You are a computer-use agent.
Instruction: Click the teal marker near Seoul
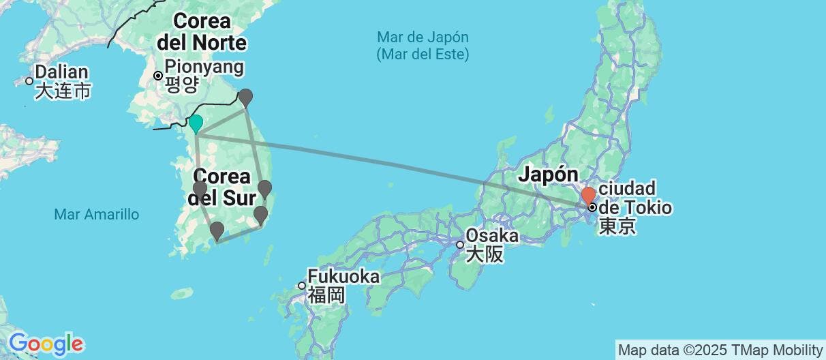[x=196, y=123]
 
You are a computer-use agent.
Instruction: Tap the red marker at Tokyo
[x=588, y=196]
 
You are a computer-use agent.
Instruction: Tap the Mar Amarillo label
[x=96, y=215]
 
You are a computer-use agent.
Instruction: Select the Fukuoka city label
[x=343, y=277]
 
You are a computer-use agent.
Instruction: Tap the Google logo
[x=45, y=343]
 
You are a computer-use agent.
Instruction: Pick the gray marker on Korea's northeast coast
[x=245, y=97]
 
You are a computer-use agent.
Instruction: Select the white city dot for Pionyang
[x=158, y=76]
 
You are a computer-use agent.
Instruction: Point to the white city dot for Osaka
[x=461, y=245]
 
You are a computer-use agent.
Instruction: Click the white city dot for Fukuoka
[x=302, y=285]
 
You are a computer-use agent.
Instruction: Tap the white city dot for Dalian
[x=29, y=81]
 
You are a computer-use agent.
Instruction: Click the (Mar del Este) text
[x=423, y=54]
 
